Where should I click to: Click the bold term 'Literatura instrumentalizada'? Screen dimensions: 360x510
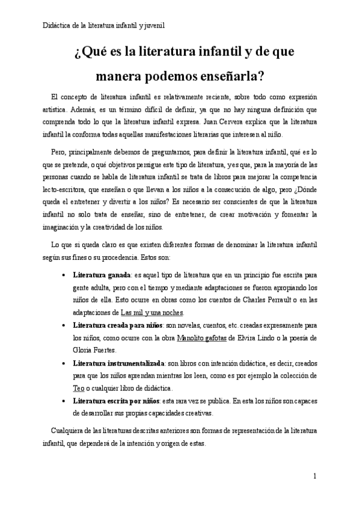pyautogui.click(x=118, y=364)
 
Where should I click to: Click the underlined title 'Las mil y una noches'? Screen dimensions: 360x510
pyautogui.click(x=152, y=313)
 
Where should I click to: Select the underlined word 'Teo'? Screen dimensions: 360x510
pyautogui.click(x=78, y=388)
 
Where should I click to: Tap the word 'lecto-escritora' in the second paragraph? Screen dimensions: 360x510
pyautogui.click(x=66, y=190)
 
